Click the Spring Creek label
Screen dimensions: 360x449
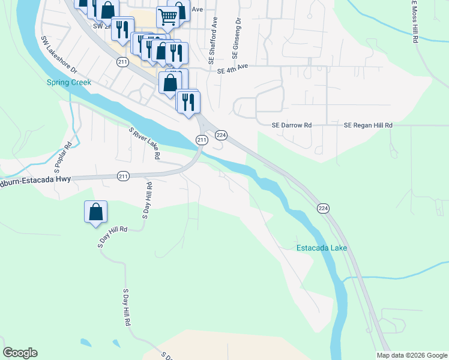[x=69, y=82]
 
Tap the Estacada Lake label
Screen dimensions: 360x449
[x=322, y=248]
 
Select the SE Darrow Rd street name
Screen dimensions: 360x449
[x=292, y=125]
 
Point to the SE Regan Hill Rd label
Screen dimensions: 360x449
[x=368, y=125]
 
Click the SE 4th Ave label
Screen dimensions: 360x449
[x=232, y=70]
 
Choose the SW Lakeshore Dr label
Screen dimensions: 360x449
[x=59, y=55]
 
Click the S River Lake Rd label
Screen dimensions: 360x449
[x=145, y=143]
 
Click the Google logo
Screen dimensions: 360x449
[x=20, y=353]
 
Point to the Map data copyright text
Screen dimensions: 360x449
[x=412, y=355]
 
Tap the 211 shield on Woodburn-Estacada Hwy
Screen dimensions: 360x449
[x=123, y=176]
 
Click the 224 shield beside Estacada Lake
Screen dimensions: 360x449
[x=324, y=208]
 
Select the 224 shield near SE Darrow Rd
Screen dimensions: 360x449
[x=221, y=135]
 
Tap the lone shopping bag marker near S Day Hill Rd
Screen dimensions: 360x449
[x=95, y=212]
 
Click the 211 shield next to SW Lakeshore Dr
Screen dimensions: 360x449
[x=122, y=62]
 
